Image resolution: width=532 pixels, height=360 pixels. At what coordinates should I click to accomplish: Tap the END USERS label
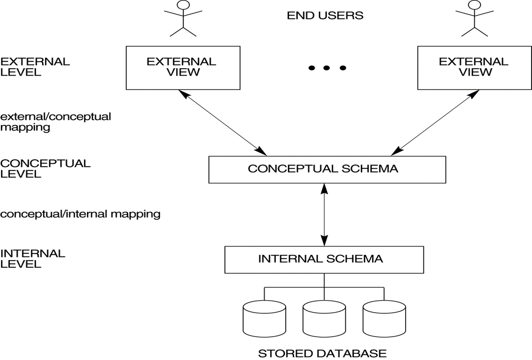pyautogui.click(x=325, y=16)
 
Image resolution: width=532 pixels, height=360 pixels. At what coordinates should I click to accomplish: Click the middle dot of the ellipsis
pyautogui.click(x=327, y=68)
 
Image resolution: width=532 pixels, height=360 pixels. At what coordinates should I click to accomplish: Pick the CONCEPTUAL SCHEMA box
pyautogui.click(x=327, y=169)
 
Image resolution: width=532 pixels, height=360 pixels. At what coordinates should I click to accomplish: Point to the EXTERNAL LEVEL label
pyautogui.click(x=35, y=67)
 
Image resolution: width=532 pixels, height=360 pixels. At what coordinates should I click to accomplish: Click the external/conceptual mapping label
pyautogui.click(x=56, y=122)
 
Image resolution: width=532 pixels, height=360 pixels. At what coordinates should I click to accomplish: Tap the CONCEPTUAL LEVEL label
pyautogui.click(x=45, y=168)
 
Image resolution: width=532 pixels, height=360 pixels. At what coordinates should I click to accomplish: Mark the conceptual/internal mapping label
pyautogui.click(x=80, y=214)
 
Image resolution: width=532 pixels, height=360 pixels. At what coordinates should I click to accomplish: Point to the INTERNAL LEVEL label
pyautogui.click(x=33, y=258)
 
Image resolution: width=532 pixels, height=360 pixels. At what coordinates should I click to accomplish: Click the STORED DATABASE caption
pyautogui.click(x=322, y=353)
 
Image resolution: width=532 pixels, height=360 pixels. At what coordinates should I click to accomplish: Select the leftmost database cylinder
pyautogui.click(x=264, y=320)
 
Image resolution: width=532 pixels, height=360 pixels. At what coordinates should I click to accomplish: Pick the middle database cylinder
pyautogui.click(x=324, y=320)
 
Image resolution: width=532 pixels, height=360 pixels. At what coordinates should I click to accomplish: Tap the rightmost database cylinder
pyautogui.click(x=384, y=320)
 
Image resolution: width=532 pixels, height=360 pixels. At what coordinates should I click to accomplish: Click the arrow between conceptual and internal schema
pyautogui.click(x=324, y=214)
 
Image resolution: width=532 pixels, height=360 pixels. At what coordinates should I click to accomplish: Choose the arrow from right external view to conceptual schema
pyautogui.click(x=432, y=123)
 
